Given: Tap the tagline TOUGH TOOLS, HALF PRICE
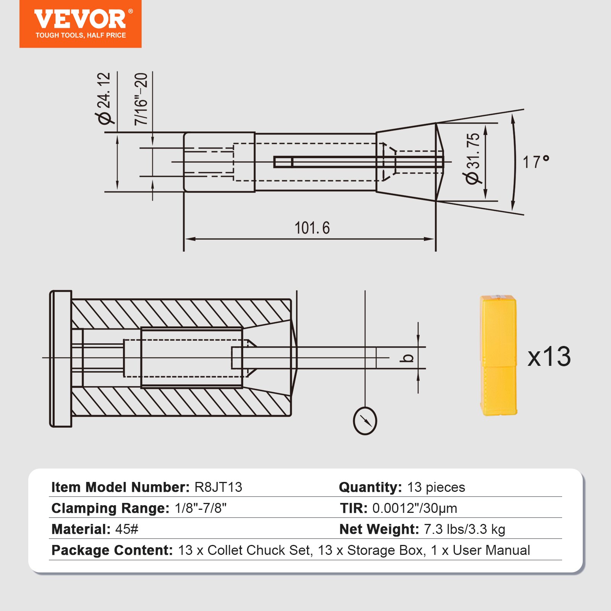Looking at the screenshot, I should tap(81, 36).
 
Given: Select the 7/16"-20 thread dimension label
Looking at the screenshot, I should tap(141, 99).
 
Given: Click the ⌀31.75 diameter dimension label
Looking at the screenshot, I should tap(473, 158).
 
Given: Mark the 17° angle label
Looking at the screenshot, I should tap(535, 162).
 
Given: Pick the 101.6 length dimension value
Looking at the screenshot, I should tap(312, 228).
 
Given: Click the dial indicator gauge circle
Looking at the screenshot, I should tap(365, 421).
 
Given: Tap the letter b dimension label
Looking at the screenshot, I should tap(408, 358).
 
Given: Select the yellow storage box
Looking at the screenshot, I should tap(498, 356).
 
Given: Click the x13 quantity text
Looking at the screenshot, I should tap(549, 357).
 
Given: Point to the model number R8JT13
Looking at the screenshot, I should tap(218, 487).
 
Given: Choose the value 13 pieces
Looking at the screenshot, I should tap(436, 487).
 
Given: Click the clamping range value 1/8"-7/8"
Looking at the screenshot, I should tap(200, 508).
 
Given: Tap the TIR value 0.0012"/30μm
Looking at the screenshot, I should tap(415, 508).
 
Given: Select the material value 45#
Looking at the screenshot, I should tap(127, 529).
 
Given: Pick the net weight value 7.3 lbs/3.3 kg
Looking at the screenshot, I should tap(464, 529).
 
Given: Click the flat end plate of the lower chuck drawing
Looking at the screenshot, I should tap(61, 359).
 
